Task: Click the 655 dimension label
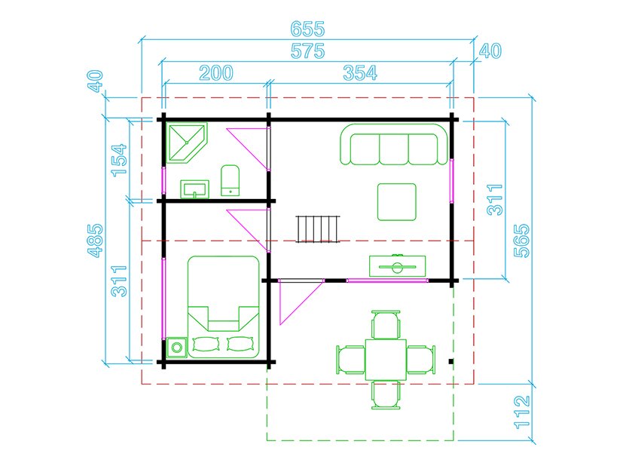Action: [x=307, y=29]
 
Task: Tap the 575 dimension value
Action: [x=307, y=51]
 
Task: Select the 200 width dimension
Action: [x=216, y=73]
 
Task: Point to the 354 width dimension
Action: [x=360, y=73]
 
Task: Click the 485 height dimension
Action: [x=96, y=241]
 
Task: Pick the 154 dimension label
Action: [x=119, y=161]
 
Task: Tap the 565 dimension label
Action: [x=522, y=241]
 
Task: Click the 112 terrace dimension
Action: [x=522, y=412]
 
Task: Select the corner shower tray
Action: [x=187, y=143]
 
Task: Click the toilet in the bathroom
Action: [x=231, y=180]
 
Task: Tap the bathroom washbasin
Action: [x=195, y=189]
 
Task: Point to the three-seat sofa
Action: [x=393, y=145]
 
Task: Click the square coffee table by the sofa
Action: [x=397, y=202]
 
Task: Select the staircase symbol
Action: [x=318, y=228]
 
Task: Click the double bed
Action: [x=224, y=307]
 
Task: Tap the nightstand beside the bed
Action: [x=176, y=348]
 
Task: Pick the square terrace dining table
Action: [x=386, y=360]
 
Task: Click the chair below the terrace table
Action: [x=386, y=395]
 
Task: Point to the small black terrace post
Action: [x=451, y=362]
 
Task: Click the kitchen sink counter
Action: [x=397, y=266]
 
